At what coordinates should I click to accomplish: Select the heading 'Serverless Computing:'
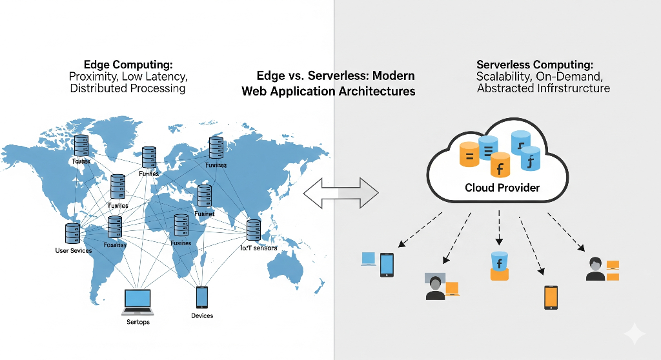(x=534, y=65)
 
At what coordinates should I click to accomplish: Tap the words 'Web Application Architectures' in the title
(x=328, y=91)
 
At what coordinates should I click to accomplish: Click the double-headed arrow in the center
(x=341, y=192)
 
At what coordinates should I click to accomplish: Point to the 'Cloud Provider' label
(x=502, y=188)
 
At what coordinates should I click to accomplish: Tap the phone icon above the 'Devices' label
(x=202, y=297)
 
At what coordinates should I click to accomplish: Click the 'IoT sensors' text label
(x=259, y=248)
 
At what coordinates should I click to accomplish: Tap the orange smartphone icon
(x=551, y=297)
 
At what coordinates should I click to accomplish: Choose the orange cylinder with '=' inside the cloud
(x=469, y=155)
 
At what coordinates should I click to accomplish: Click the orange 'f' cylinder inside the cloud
(x=500, y=166)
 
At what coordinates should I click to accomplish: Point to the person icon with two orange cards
(x=595, y=269)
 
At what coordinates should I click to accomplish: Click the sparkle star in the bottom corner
(x=634, y=334)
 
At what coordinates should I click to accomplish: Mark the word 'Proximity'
(x=93, y=77)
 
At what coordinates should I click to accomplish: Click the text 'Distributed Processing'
(x=127, y=88)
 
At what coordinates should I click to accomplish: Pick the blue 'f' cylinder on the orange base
(x=499, y=265)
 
